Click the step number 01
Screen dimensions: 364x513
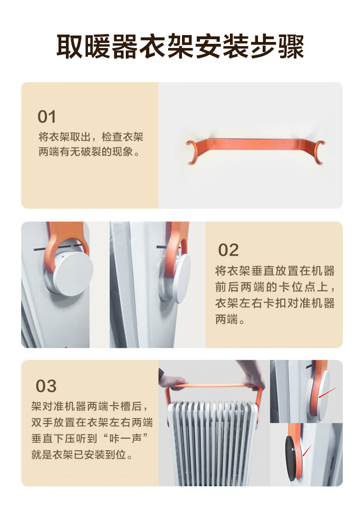pos(47,117)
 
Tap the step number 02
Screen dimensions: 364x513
pos(229,251)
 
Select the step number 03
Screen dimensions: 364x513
pos(46,386)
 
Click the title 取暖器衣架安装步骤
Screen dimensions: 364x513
pos(181,47)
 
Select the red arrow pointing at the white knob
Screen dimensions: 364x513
pos(328,393)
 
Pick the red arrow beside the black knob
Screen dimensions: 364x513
pos(307,451)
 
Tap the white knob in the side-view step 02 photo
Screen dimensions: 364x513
pos(182,278)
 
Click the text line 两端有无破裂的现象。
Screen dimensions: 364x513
pos(89,152)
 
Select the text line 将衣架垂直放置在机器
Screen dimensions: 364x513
pos(275,271)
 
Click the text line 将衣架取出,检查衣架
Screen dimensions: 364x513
pos(91,137)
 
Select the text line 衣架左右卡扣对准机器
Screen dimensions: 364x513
pos(275,303)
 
